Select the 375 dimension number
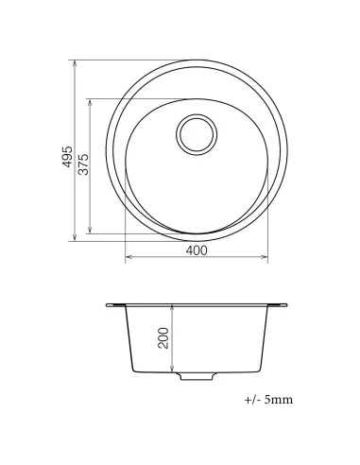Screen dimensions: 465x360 tap(83, 164)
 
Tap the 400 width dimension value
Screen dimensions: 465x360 tap(196, 250)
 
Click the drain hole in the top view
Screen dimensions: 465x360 tap(197, 134)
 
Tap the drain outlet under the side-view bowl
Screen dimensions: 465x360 tap(197, 378)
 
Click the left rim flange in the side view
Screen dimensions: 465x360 tap(115, 305)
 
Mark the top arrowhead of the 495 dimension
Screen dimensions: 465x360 tap(77, 65)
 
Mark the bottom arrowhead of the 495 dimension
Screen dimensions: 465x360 tap(77, 238)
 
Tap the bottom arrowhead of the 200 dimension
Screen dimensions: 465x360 tap(171, 370)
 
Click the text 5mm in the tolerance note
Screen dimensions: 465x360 tap(280, 400)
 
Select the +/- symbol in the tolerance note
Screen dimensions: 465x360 tap(252, 400)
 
